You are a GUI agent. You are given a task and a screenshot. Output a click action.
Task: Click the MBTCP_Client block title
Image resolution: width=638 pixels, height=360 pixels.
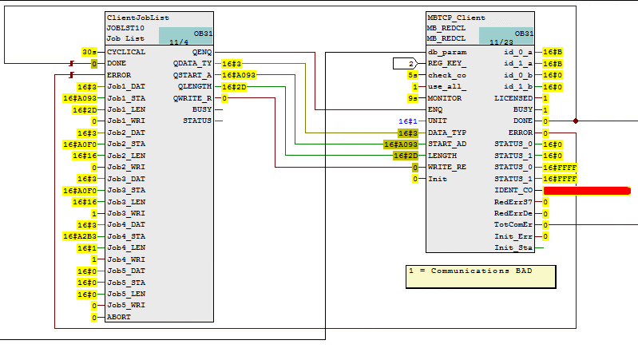point(457,18)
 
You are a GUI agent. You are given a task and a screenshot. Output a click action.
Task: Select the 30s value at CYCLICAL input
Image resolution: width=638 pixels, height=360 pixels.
point(89,51)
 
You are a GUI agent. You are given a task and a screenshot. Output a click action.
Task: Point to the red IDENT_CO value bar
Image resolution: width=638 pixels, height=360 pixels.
point(587,191)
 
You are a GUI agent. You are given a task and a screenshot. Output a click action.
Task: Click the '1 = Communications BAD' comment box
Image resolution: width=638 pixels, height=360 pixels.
point(481,276)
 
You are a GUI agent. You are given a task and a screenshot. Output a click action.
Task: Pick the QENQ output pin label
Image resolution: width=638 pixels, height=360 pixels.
point(202,51)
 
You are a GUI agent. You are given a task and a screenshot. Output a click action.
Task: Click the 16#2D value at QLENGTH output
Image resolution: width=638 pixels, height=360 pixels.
point(234,86)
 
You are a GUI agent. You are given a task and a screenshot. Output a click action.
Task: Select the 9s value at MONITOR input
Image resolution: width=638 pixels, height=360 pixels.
point(413,98)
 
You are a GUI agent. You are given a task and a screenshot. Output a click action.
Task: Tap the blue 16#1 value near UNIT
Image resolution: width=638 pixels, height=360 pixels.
point(408,121)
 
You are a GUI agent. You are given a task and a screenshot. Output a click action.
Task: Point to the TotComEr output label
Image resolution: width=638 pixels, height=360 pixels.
point(513,225)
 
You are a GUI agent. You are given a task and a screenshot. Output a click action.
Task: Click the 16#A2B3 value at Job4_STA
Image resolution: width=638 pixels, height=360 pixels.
point(81,236)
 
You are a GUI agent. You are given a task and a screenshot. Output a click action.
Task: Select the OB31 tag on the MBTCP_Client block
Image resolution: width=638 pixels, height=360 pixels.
point(523,34)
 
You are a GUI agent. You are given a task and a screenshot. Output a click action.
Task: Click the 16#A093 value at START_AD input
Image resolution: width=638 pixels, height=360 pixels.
point(401,144)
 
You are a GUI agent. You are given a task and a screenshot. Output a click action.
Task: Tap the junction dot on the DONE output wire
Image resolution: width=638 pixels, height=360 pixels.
point(576,121)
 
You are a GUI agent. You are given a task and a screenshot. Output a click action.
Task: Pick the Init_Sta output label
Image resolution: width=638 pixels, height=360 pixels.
point(513,248)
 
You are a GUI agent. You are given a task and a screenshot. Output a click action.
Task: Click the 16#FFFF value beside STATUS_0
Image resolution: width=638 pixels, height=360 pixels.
point(559,168)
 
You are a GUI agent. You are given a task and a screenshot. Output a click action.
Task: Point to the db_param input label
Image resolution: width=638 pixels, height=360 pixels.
point(447,52)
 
